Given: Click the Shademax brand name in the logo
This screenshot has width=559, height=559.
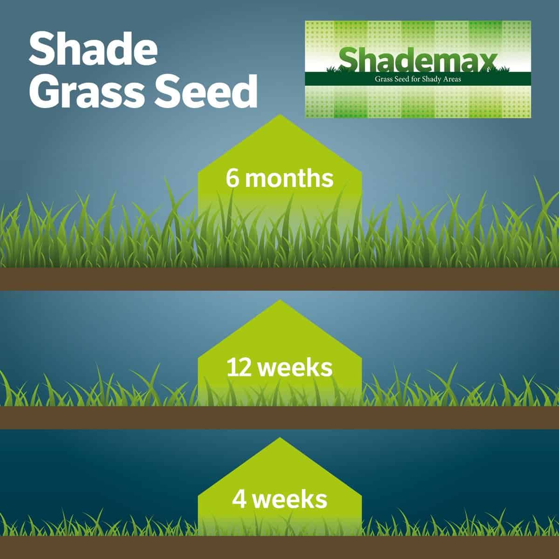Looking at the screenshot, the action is click(x=417, y=60).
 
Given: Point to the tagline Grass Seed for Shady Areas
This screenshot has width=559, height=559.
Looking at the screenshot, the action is click(x=418, y=79).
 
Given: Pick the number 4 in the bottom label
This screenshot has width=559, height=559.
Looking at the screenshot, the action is click(x=239, y=499).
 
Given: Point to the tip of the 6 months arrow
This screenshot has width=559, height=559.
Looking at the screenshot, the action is click(x=279, y=115).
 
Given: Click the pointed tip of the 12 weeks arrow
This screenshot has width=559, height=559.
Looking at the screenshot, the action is click(x=279, y=300).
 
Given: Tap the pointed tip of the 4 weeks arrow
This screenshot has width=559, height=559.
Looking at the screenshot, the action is click(x=279, y=438).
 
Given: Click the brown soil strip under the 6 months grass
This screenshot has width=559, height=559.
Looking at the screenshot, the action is click(x=279, y=279).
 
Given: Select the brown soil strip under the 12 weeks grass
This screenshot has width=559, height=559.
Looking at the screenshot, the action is click(x=279, y=417).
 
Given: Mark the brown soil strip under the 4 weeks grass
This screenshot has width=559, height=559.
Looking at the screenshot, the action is click(x=279, y=547).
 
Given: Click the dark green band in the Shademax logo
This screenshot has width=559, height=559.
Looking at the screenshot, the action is click(x=418, y=79).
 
